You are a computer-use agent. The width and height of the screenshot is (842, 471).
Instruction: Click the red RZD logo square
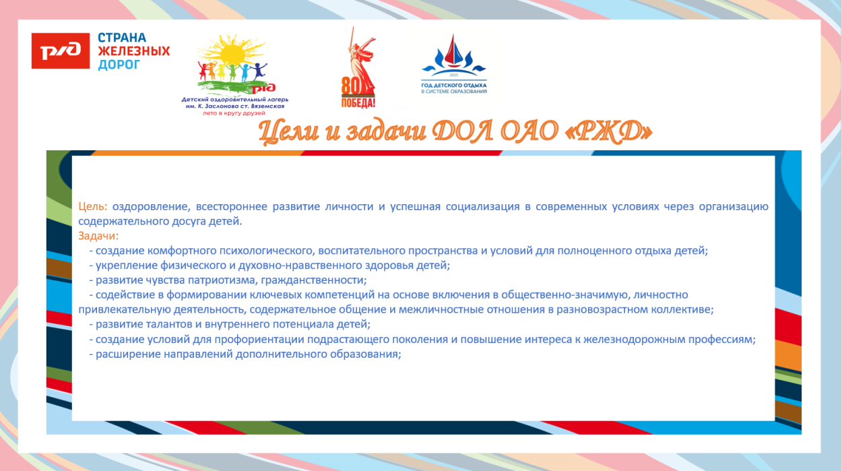[x=61, y=51]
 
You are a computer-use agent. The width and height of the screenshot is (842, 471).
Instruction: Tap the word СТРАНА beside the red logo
[x=122, y=38]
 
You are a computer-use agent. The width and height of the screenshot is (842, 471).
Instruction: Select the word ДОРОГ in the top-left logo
[x=119, y=65]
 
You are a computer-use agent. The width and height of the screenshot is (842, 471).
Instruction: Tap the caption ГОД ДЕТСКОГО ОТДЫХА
[x=453, y=86]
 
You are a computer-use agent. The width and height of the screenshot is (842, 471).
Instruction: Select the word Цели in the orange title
[x=286, y=132]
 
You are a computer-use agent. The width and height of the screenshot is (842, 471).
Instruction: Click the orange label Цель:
[x=93, y=206]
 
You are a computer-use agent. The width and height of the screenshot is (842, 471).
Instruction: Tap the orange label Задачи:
[x=98, y=236]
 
